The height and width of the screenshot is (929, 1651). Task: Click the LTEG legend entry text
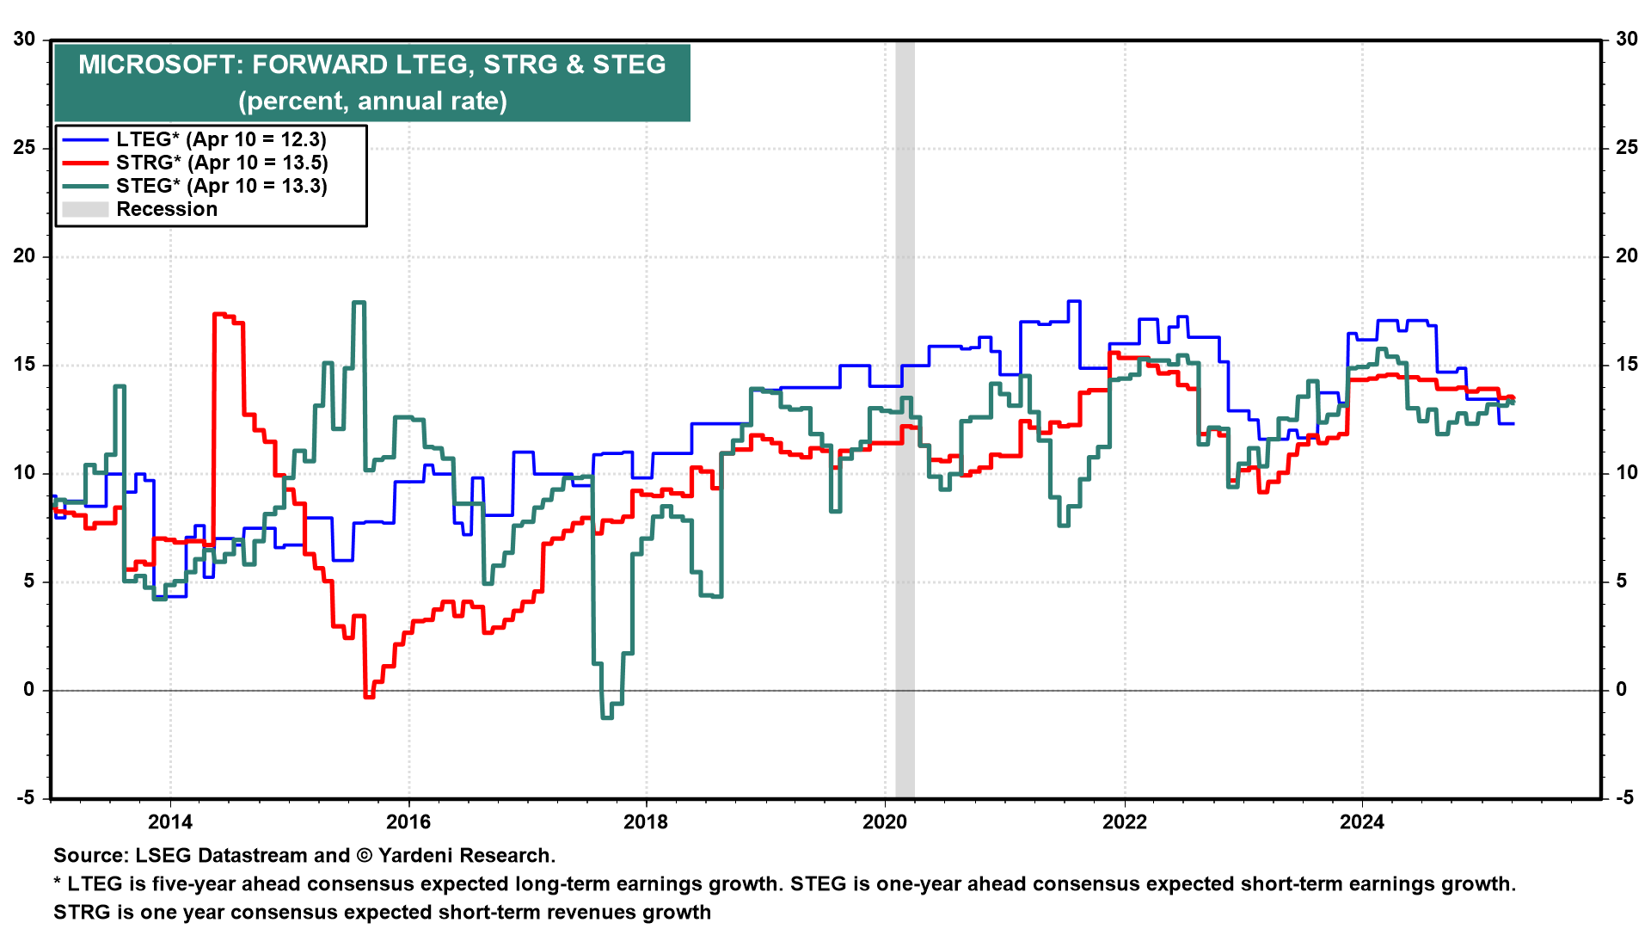(221, 139)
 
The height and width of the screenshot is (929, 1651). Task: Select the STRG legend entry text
(222, 163)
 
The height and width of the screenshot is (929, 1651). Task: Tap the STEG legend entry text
(222, 186)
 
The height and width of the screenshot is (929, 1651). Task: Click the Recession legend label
(167, 209)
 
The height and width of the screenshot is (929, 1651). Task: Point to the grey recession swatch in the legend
(85, 209)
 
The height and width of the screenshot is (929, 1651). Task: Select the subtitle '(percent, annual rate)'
(372, 101)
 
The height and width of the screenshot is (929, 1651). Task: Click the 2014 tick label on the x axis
(170, 821)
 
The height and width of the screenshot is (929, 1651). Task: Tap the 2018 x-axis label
(646, 821)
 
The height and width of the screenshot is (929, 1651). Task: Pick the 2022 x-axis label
(1124, 821)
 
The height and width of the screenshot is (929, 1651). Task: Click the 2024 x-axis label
(1362, 821)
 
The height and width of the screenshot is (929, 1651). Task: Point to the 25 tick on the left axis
(24, 147)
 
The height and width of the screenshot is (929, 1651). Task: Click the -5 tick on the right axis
(1624, 797)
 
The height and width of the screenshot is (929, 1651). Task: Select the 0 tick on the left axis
(29, 689)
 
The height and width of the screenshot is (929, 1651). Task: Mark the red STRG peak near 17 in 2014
(220, 315)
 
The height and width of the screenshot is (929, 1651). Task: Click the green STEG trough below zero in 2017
(607, 717)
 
